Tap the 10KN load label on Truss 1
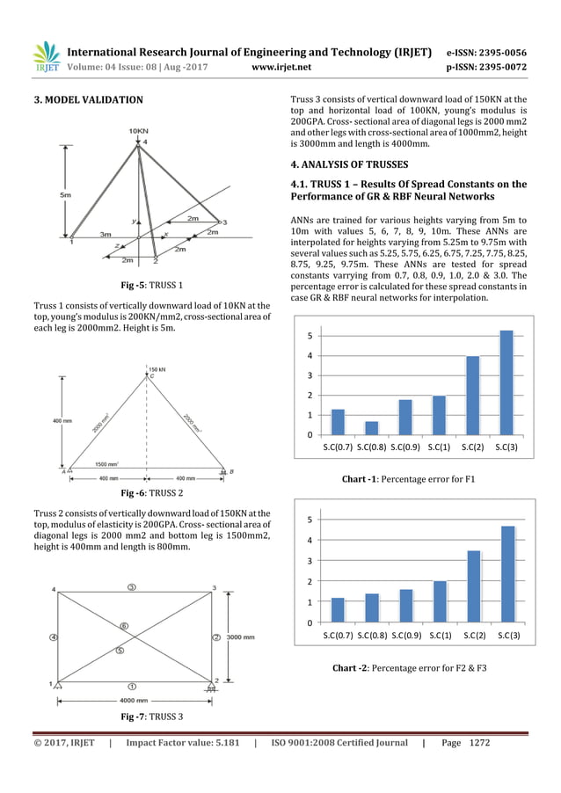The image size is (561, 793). [x=138, y=131]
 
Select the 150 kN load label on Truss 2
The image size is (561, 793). [x=157, y=369]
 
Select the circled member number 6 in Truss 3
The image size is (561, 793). [x=124, y=626]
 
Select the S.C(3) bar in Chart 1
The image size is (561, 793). [x=506, y=382]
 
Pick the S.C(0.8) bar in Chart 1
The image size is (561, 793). [x=371, y=428]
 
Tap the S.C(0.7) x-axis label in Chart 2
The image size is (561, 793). [x=338, y=635]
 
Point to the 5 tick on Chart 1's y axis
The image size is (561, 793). [x=310, y=336]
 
